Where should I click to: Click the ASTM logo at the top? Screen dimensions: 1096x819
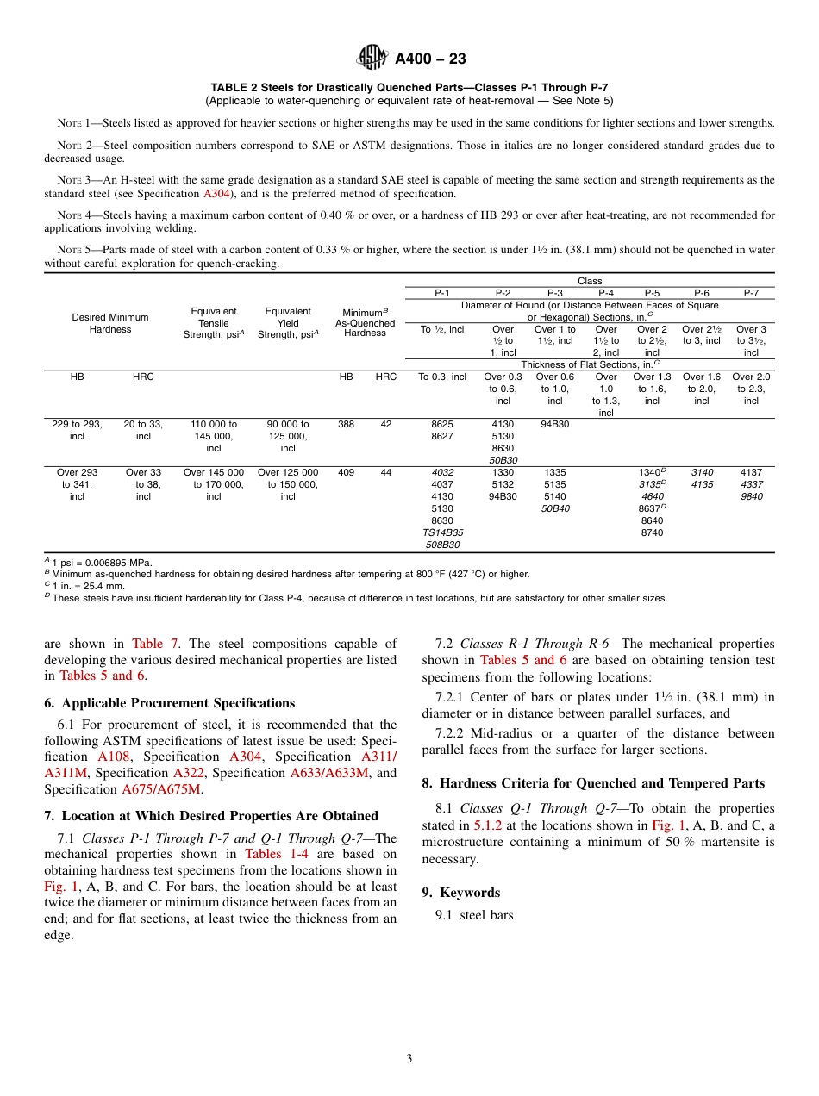(373, 58)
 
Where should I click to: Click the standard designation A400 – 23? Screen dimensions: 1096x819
(430, 59)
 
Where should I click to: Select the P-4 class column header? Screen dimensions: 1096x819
(605, 293)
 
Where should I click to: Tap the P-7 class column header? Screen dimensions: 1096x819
(751, 293)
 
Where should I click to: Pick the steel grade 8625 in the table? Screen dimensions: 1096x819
(441, 424)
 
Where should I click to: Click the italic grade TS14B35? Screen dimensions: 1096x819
(441, 532)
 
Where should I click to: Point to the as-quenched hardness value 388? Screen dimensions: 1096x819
(346, 424)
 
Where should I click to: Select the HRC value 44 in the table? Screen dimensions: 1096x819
(385, 472)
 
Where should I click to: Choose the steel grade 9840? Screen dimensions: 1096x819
(751, 496)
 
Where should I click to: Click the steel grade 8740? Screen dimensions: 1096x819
(652, 532)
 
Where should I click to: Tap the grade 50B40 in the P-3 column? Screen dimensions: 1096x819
(554, 508)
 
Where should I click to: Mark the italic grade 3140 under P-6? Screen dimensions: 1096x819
(702, 472)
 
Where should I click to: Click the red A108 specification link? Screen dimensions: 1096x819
(113, 757)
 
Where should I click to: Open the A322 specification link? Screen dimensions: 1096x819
(188, 773)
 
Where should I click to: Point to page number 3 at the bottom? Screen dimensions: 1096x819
(409, 1059)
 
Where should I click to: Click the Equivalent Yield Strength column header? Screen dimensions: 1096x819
(288, 323)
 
